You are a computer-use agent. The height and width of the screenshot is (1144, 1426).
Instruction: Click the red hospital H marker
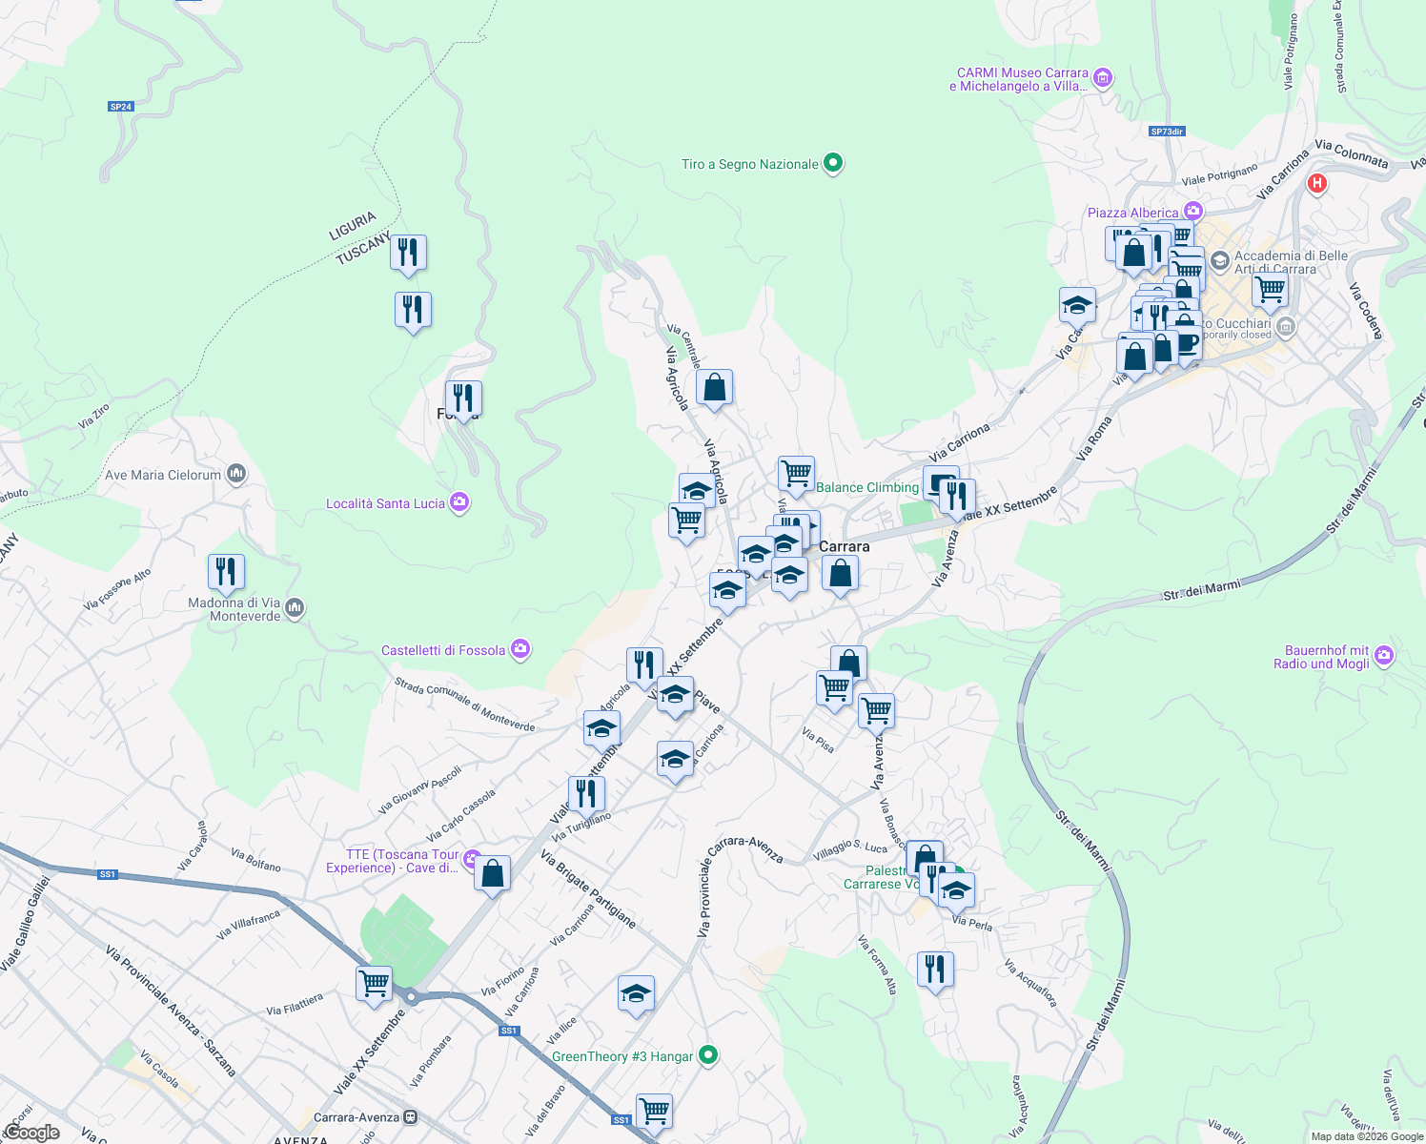point(1317,183)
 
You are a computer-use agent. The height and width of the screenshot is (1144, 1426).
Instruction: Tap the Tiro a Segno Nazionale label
point(749,165)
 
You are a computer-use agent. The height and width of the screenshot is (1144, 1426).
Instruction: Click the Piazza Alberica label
point(1132,213)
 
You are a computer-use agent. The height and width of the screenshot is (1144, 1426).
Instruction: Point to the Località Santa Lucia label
point(385,503)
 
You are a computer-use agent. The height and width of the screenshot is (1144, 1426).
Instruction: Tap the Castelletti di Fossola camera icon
point(519,650)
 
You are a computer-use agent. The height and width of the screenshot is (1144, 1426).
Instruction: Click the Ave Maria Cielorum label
point(162,475)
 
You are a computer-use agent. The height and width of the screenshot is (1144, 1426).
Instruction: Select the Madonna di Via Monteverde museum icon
point(295,608)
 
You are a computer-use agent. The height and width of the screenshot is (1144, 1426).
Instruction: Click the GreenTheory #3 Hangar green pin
point(707,1055)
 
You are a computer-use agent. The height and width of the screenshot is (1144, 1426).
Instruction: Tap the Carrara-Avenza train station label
point(356,1117)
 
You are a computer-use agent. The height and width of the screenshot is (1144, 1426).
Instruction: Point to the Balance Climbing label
point(867,487)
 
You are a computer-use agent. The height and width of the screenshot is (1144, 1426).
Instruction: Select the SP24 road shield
point(120,107)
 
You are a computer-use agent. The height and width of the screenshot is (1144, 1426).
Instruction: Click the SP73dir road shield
point(1167,132)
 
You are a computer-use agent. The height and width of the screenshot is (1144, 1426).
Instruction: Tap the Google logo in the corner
point(31,1133)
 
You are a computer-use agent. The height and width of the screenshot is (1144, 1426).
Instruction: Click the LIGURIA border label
point(353,226)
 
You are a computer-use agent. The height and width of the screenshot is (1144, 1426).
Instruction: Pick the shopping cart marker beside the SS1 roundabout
point(374,983)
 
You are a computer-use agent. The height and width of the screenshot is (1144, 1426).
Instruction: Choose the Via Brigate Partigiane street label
point(587,889)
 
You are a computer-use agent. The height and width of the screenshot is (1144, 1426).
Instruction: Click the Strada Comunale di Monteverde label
point(464,705)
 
